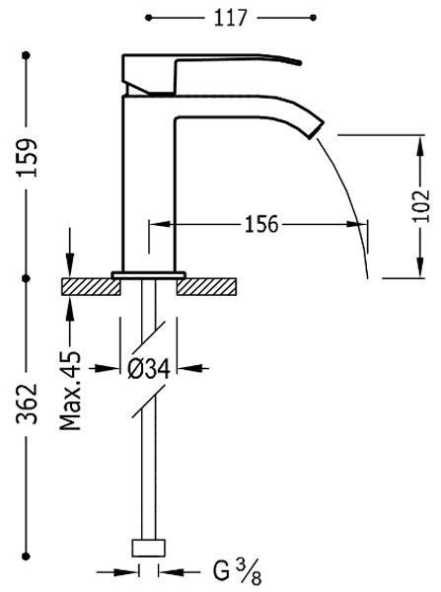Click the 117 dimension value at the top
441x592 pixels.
click(230, 18)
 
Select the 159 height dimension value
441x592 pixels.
click(28, 158)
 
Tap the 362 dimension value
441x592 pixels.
click(28, 404)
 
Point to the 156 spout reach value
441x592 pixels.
click(261, 224)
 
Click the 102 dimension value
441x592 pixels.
click(421, 205)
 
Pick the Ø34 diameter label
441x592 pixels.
click(149, 368)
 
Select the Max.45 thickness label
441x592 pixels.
click(71, 391)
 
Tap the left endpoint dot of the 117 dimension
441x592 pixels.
click(148, 18)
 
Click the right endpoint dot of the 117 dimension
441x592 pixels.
click(313, 18)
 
